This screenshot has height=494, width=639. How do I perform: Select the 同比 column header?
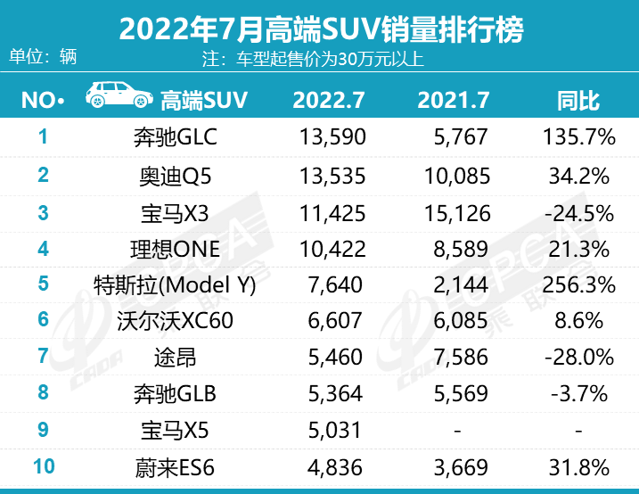point(578,100)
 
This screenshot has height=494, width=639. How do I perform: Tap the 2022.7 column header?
point(329,100)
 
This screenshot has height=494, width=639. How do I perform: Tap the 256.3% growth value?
point(578,285)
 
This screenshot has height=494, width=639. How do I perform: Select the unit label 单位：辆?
point(43,56)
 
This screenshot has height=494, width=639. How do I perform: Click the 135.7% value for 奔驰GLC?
point(578,137)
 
